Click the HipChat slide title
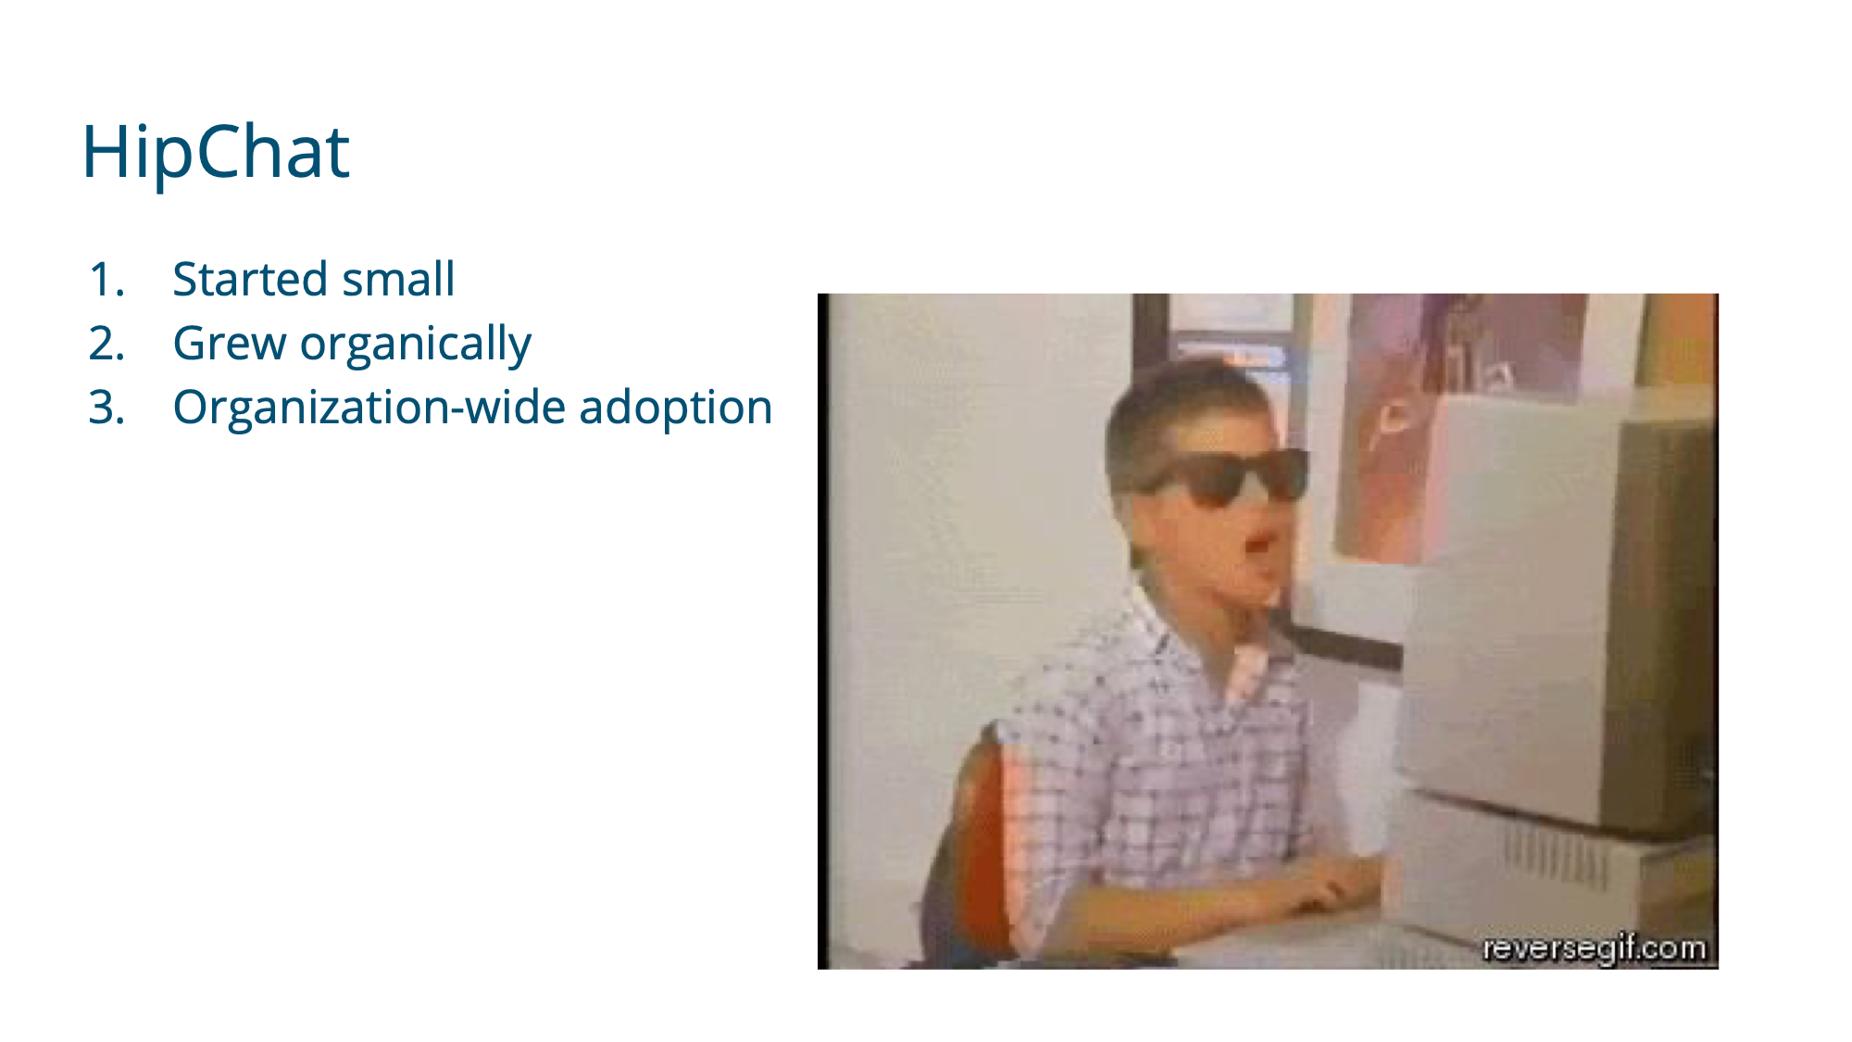coord(216,153)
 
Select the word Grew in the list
coord(230,344)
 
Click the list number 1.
coord(106,280)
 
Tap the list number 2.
coord(106,344)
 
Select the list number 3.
coord(106,408)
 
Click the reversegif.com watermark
coord(1594,948)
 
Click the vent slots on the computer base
coord(1556,857)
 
